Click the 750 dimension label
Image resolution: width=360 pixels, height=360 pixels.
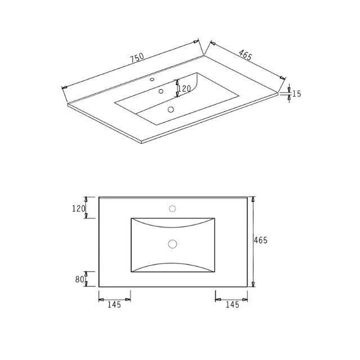(x=137, y=58)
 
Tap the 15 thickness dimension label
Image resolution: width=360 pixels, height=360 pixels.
(x=296, y=94)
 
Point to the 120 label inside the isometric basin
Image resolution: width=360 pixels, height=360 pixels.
(x=184, y=88)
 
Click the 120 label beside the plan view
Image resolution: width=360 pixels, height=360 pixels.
(x=78, y=209)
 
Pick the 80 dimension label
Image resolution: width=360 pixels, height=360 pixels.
(x=79, y=279)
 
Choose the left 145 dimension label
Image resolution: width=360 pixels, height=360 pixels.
(x=114, y=305)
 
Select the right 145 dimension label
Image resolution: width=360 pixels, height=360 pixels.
(x=232, y=305)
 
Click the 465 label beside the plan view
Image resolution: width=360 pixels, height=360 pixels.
(x=260, y=240)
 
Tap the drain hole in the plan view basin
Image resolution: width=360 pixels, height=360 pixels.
(x=173, y=244)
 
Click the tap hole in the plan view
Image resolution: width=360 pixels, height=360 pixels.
(x=173, y=209)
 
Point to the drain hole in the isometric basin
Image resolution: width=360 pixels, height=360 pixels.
(x=171, y=110)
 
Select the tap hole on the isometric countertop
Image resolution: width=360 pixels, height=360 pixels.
(x=152, y=80)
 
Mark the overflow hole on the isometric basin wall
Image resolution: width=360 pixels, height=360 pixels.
(x=161, y=91)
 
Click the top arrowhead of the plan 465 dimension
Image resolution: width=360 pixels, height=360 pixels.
(x=253, y=200)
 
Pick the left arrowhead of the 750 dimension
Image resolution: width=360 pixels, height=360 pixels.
(x=65, y=87)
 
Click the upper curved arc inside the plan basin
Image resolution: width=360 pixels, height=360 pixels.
(x=173, y=225)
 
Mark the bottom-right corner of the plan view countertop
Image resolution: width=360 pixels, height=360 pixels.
(x=247, y=287)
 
